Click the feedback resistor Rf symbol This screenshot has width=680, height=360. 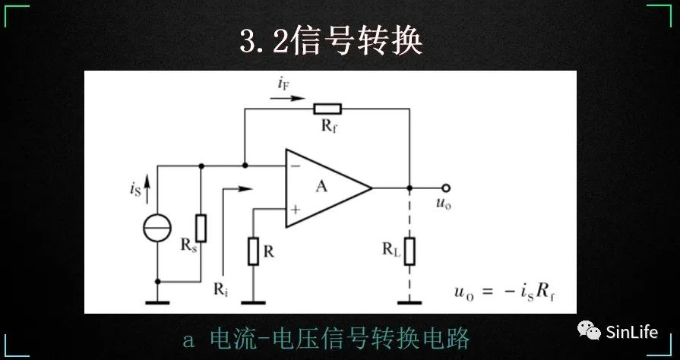327,109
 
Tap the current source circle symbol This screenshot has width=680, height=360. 157,227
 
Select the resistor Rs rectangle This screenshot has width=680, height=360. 201,227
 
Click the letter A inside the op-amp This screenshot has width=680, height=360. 321,186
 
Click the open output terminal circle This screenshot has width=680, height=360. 446,188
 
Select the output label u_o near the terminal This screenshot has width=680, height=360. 442,204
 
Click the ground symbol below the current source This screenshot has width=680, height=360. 157,302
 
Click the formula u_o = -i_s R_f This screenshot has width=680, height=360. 504,292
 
